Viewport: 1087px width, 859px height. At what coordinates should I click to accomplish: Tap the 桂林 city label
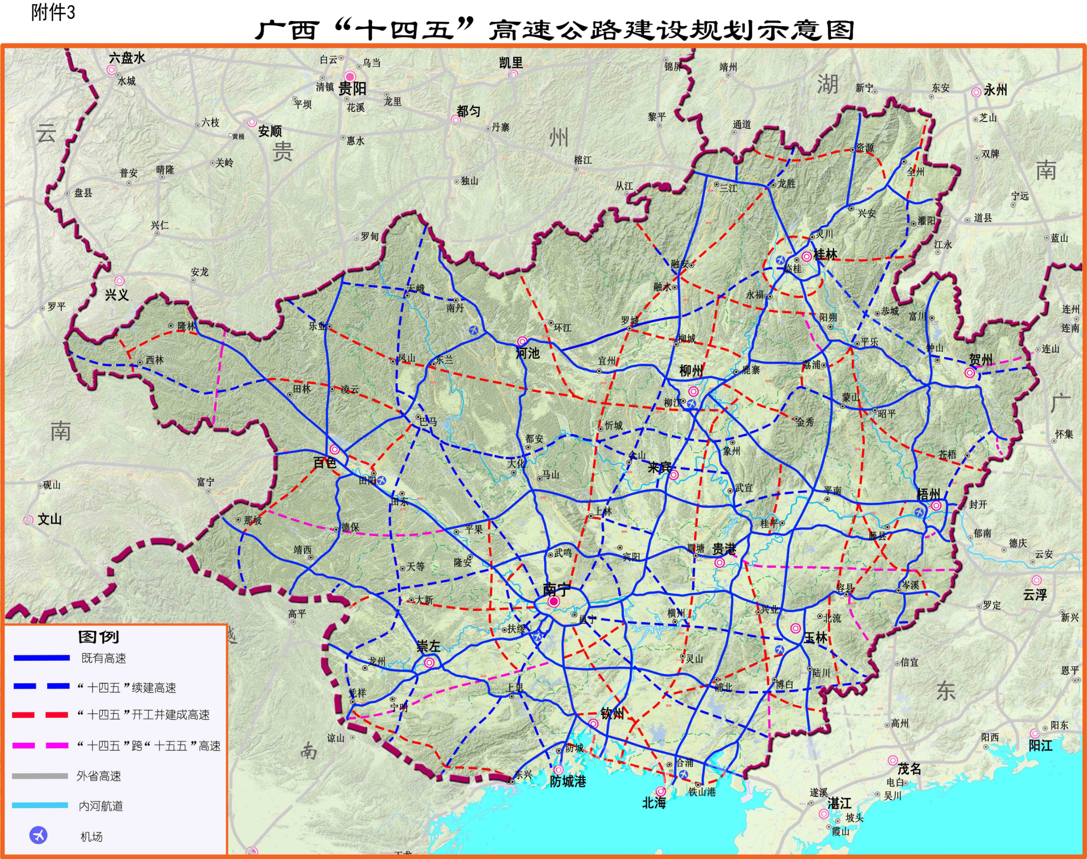(x=825, y=255)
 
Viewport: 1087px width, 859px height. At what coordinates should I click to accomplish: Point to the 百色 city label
(x=324, y=463)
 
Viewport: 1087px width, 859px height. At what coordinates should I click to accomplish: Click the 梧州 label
(x=929, y=494)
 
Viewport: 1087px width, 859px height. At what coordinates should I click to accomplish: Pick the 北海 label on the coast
(x=654, y=803)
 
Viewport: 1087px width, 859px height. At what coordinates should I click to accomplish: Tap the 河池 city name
(x=528, y=354)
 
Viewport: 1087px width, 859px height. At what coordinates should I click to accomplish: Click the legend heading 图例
(x=99, y=637)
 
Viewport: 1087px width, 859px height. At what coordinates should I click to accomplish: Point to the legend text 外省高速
(x=99, y=776)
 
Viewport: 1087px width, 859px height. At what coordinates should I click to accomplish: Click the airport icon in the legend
(x=39, y=835)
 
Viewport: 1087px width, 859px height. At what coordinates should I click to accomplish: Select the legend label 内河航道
(x=101, y=806)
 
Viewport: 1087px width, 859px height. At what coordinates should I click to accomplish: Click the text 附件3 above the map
(x=53, y=12)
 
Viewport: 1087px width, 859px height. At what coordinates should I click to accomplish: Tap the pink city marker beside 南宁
(x=554, y=602)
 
